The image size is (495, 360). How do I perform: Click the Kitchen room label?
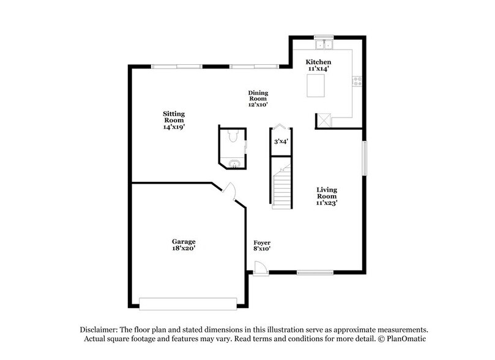319,66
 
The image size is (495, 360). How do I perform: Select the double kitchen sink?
324,44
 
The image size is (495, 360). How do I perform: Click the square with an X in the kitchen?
323,120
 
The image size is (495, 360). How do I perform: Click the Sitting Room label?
174,121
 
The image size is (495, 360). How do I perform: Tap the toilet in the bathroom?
232,137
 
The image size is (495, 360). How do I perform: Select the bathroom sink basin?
233,163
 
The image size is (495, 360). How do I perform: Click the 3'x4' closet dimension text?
281,141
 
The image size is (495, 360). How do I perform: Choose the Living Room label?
327,196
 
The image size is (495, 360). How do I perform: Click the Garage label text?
184,245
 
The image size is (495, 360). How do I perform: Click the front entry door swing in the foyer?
261,268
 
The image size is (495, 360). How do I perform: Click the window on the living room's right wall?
364,158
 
